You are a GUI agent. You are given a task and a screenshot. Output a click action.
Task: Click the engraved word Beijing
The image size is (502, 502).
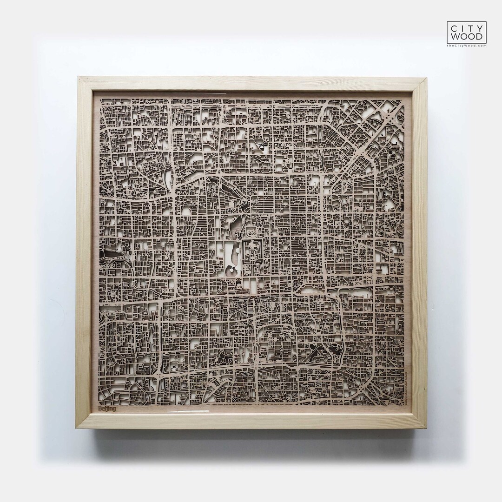[107, 409]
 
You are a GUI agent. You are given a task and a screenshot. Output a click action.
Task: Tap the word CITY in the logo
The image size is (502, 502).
[467, 28]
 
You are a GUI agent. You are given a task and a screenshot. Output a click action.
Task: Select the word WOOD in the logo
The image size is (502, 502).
[467, 37]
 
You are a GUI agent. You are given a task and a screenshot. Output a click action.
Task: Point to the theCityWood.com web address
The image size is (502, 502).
[467, 46]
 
